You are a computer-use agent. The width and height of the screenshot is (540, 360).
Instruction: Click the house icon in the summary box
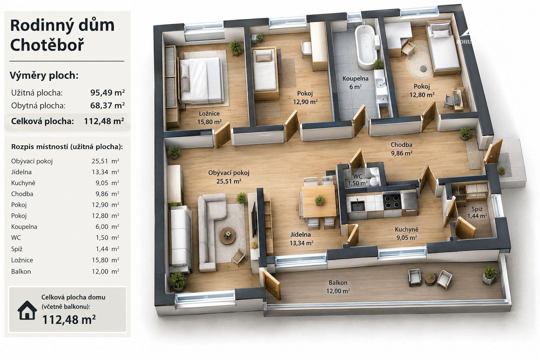(27, 310)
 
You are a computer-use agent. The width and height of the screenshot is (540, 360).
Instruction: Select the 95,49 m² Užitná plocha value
(108, 92)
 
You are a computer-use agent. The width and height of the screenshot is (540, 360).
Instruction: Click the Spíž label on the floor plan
(477, 209)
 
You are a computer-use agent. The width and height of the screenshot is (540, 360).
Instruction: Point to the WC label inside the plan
(358, 176)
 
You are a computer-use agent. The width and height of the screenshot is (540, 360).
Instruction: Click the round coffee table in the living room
(227, 236)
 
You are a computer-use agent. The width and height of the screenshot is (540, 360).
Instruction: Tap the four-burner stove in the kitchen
(392, 201)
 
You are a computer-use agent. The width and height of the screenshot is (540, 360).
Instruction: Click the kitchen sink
(357, 206)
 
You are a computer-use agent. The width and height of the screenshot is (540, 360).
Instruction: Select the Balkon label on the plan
(338, 282)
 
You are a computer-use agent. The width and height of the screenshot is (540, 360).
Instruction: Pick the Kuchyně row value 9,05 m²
(107, 183)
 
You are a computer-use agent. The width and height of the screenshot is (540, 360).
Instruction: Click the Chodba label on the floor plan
(401, 145)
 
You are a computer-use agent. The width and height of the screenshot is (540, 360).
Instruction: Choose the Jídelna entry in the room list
(21, 172)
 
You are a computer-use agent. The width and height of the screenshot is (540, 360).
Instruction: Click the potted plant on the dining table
(320, 200)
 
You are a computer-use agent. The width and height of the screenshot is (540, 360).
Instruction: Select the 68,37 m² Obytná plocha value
(108, 105)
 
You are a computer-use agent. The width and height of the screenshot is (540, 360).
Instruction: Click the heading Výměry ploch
(44, 76)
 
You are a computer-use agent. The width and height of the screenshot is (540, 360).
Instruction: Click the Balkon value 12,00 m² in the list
(105, 271)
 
